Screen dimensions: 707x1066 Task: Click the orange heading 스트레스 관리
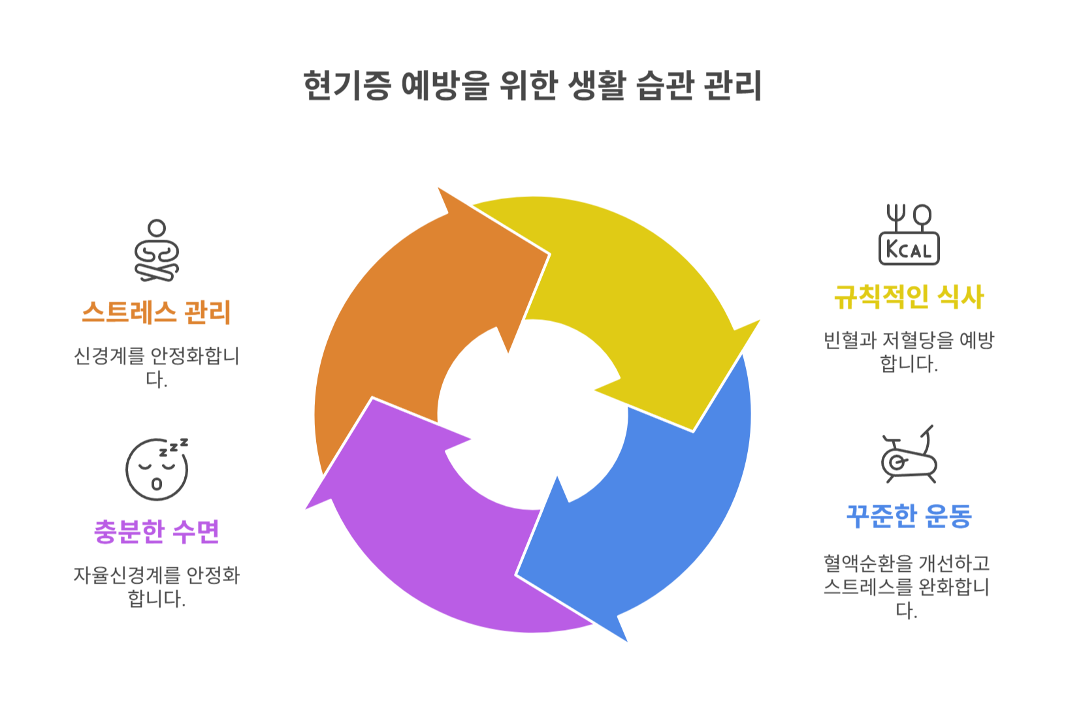coord(156,313)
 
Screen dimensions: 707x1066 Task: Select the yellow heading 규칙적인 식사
coord(909,297)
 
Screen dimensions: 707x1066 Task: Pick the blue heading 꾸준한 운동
coord(909,516)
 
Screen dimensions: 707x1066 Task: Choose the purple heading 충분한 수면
coord(156,532)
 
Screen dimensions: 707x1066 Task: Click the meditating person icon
coord(157,251)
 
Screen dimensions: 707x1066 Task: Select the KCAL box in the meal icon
coord(909,249)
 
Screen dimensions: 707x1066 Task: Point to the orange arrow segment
coord(392,313)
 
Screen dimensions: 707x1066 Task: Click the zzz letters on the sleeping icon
coord(174,447)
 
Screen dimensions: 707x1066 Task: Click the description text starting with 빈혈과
coord(909,351)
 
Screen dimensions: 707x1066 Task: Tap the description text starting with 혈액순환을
coord(907,586)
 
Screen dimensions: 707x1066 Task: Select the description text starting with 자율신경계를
coord(156,586)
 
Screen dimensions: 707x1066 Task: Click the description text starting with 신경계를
coord(156,367)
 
